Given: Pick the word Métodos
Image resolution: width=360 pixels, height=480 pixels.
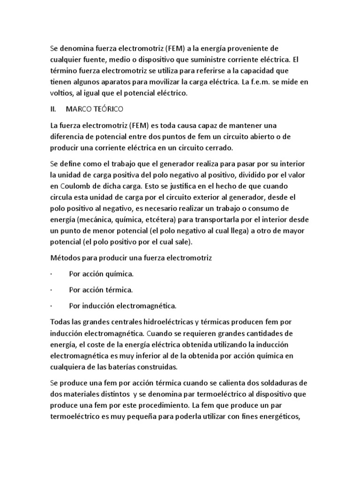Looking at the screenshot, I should tap(66, 258).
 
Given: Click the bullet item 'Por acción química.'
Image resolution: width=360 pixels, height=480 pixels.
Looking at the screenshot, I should tap(101, 273).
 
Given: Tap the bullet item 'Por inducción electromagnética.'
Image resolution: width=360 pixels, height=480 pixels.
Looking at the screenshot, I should tap(122, 306).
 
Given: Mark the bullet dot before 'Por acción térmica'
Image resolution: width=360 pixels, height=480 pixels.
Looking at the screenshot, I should tap(50, 289).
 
